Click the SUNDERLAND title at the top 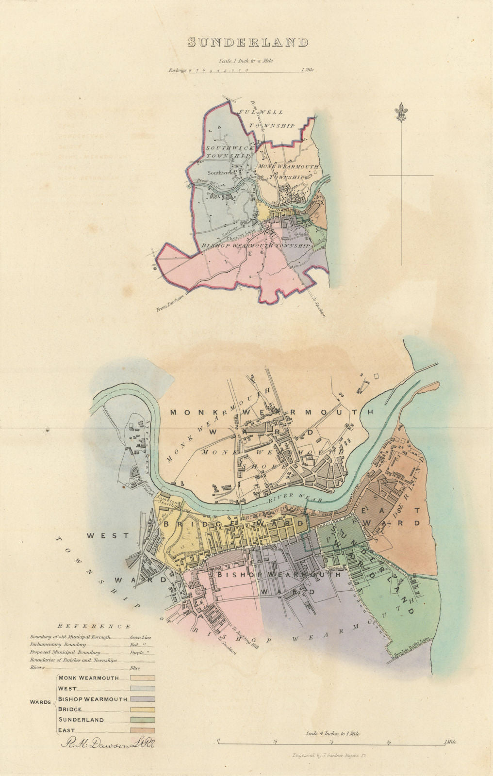248,43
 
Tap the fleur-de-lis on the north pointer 401,113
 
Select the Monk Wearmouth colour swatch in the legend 142,678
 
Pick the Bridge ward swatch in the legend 142,710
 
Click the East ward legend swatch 142,730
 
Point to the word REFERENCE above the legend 94,627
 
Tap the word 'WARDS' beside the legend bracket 40,702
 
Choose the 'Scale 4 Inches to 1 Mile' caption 332,734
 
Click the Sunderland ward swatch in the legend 142,720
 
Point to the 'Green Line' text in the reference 141,637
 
